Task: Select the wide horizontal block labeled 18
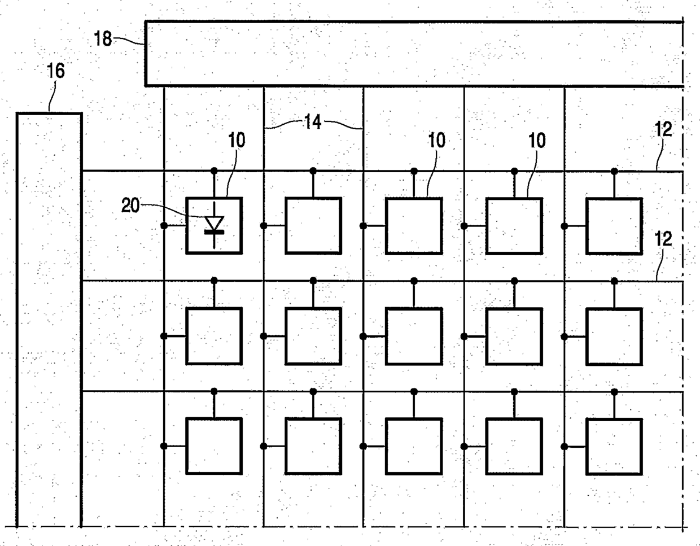(x=414, y=54)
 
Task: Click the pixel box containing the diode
(x=214, y=225)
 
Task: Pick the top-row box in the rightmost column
(x=614, y=225)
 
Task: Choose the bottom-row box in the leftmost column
(x=214, y=446)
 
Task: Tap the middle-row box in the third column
(x=414, y=336)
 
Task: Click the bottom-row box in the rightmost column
(x=614, y=446)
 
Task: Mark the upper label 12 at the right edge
(x=664, y=130)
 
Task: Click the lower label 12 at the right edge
(x=664, y=239)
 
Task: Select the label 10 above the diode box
(x=237, y=141)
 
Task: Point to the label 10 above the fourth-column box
(x=537, y=140)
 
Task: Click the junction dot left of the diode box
(x=164, y=226)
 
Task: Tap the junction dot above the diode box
(x=214, y=171)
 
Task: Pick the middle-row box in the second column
(x=313, y=336)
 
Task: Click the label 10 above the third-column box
(x=436, y=140)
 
